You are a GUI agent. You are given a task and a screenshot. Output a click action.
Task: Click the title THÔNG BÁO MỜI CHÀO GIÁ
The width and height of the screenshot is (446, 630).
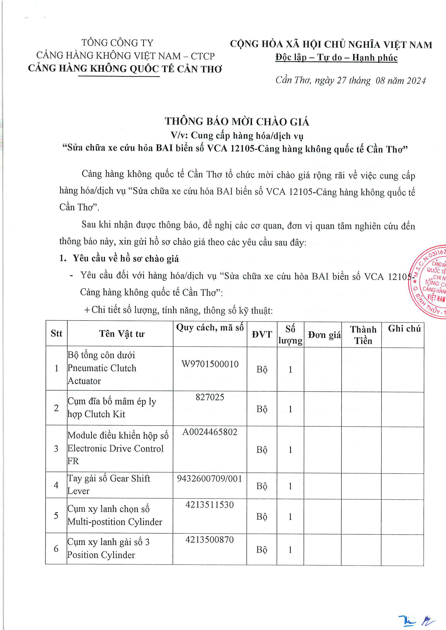(237, 121)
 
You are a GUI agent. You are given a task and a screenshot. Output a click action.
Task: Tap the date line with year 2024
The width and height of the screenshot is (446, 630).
(351, 80)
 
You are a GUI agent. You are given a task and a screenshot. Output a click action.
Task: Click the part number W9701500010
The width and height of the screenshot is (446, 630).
(210, 364)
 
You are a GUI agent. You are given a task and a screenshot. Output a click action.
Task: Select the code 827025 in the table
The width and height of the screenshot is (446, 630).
(210, 397)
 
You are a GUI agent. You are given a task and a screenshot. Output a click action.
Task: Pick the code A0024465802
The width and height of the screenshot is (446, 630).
(210, 432)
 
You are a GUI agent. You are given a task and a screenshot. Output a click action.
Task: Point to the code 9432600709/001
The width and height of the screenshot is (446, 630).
(210, 479)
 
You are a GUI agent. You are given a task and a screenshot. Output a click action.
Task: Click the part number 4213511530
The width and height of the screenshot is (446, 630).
(210, 504)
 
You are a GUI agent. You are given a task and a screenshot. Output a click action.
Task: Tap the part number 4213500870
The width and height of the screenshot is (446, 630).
(210, 540)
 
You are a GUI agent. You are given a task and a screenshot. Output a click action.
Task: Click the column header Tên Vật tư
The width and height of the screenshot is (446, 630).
(122, 334)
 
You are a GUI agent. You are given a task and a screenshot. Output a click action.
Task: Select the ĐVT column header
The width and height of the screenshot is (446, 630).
(262, 334)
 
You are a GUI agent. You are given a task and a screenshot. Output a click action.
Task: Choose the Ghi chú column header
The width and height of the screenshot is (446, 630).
(404, 328)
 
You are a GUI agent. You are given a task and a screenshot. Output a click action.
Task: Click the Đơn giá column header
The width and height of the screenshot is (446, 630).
(324, 335)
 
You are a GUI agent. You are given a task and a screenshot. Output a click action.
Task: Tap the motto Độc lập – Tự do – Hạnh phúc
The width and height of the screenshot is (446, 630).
(337, 58)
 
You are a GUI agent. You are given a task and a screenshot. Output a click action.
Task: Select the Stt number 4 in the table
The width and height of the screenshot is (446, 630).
(56, 485)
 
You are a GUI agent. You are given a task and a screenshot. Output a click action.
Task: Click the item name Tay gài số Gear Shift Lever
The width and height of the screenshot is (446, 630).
(109, 485)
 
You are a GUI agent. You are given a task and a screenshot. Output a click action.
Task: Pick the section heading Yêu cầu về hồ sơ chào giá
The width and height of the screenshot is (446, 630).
(125, 259)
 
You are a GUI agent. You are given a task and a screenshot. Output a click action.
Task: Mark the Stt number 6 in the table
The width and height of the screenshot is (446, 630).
(56, 548)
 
